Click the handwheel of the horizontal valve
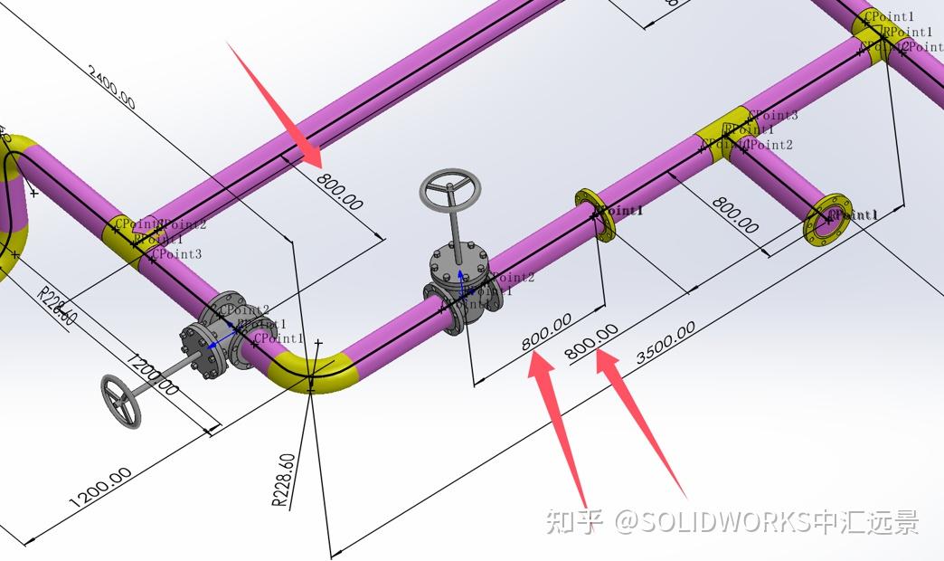121,402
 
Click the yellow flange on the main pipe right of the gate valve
595,214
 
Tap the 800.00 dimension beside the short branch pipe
734,214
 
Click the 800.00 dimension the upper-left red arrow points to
340,191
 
